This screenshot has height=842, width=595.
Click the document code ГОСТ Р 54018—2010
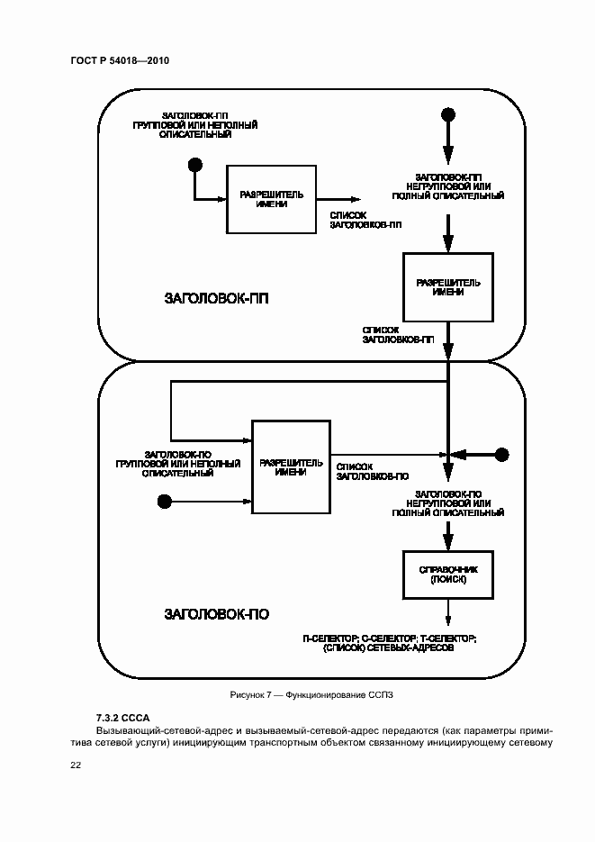(x=120, y=60)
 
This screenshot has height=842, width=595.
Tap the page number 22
(x=76, y=765)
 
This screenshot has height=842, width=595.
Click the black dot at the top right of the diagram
(x=447, y=114)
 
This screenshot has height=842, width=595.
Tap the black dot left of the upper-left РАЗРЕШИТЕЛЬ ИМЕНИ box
(x=194, y=165)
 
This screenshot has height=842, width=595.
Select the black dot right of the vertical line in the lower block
(x=502, y=454)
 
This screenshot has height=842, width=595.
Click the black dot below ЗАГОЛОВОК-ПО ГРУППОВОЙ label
(x=164, y=500)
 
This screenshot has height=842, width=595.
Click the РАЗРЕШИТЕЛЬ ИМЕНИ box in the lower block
(x=291, y=466)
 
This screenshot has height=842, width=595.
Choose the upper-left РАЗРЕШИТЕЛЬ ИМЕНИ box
(x=272, y=198)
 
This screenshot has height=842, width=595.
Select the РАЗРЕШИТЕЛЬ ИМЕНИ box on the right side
(x=448, y=287)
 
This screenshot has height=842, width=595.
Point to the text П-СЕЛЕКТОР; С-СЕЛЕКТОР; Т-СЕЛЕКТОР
(x=390, y=638)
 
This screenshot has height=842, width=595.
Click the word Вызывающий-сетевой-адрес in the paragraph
(x=153, y=730)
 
